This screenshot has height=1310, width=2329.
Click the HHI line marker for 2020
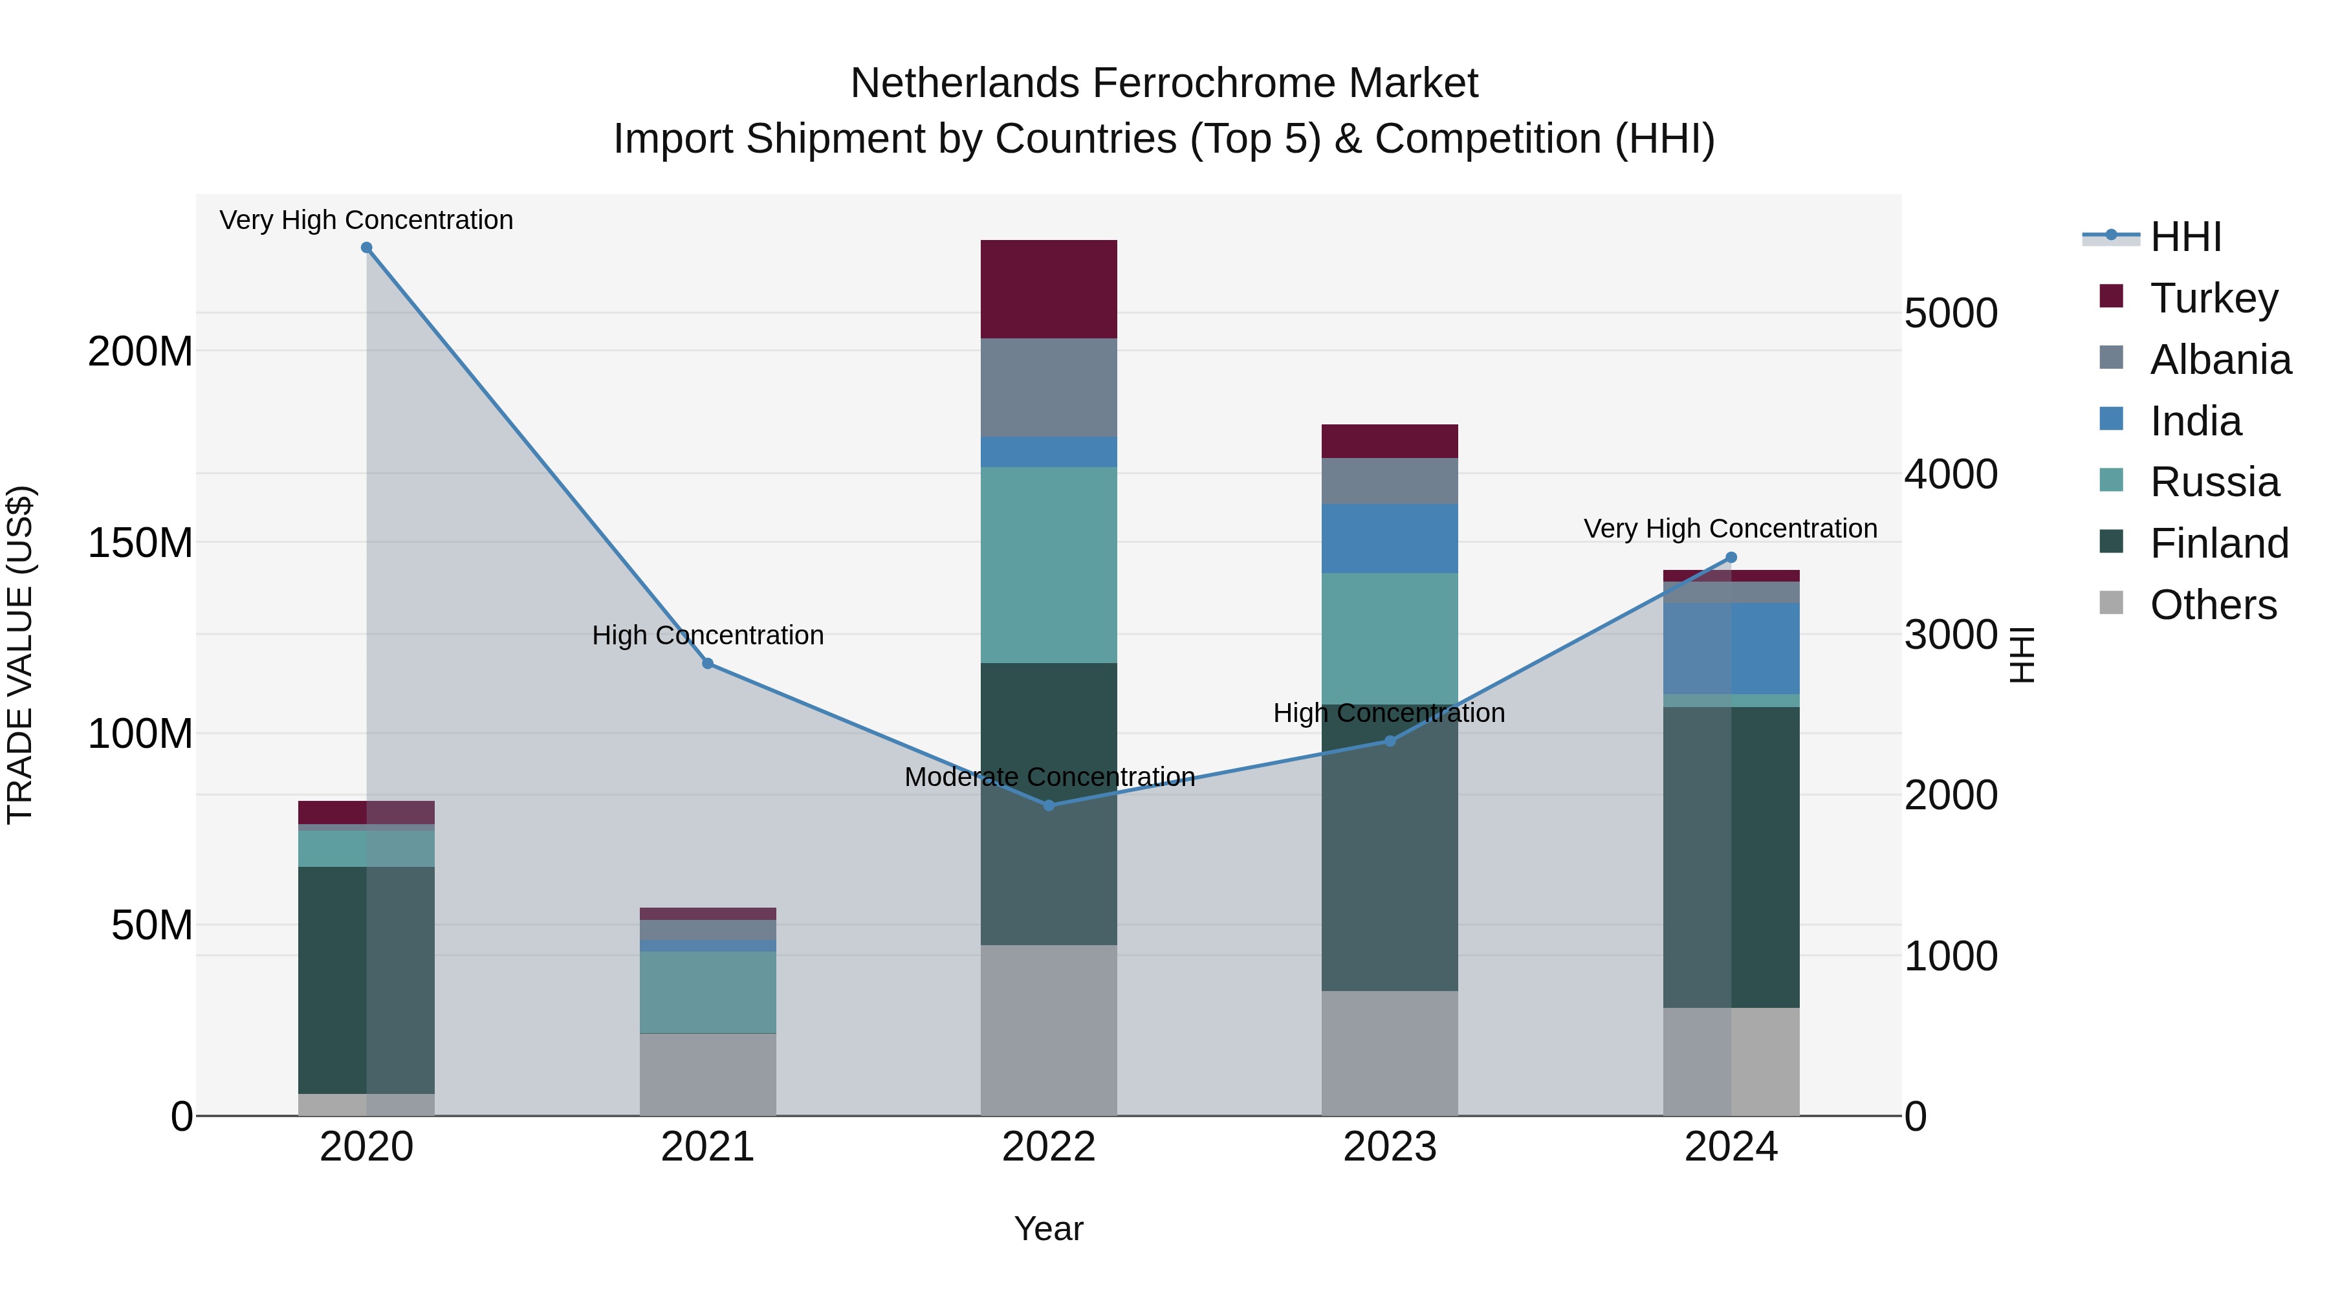point(366,248)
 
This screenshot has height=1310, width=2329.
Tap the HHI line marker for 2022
point(1049,805)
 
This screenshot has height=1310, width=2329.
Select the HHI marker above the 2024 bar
point(1731,558)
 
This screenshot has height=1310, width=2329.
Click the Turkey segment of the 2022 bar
point(1049,289)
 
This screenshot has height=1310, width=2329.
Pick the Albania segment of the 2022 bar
point(1049,388)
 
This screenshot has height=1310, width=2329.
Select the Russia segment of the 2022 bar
point(1049,565)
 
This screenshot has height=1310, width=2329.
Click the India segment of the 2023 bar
point(1390,538)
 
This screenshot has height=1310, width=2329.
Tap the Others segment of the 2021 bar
point(708,1075)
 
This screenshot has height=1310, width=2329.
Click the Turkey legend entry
point(2213,298)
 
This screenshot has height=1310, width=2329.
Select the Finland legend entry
point(2219,543)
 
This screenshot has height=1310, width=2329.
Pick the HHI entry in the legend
point(2185,237)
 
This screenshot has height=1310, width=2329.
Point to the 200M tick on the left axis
point(140,351)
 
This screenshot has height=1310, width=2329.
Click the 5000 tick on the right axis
point(1950,314)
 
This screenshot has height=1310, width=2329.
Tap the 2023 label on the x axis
point(1390,1147)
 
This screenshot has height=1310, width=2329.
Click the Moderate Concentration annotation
point(1049,776)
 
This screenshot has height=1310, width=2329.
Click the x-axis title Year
point(1049,1228)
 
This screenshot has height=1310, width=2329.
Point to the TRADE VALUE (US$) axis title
point(20,655)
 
